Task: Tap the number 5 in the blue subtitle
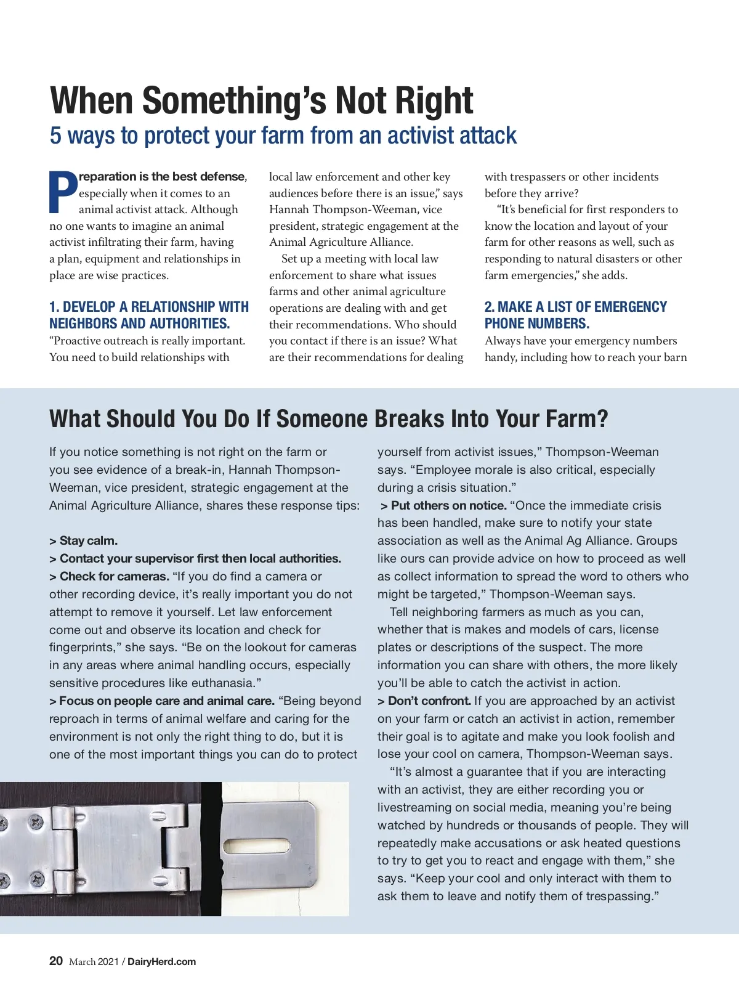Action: click(55, 136)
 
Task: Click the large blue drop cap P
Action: click(63, 192)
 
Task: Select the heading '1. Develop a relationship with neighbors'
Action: click(149, 315)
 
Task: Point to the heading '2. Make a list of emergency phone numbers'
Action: click(575, 315)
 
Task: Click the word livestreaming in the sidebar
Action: click(415, 807)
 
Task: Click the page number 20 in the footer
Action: click(56, 961)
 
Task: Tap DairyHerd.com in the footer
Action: click(161, 962)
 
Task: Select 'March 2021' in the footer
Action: click(94, 962)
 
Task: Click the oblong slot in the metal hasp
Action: click(251, 848)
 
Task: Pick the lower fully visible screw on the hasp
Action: click(37, 878)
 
